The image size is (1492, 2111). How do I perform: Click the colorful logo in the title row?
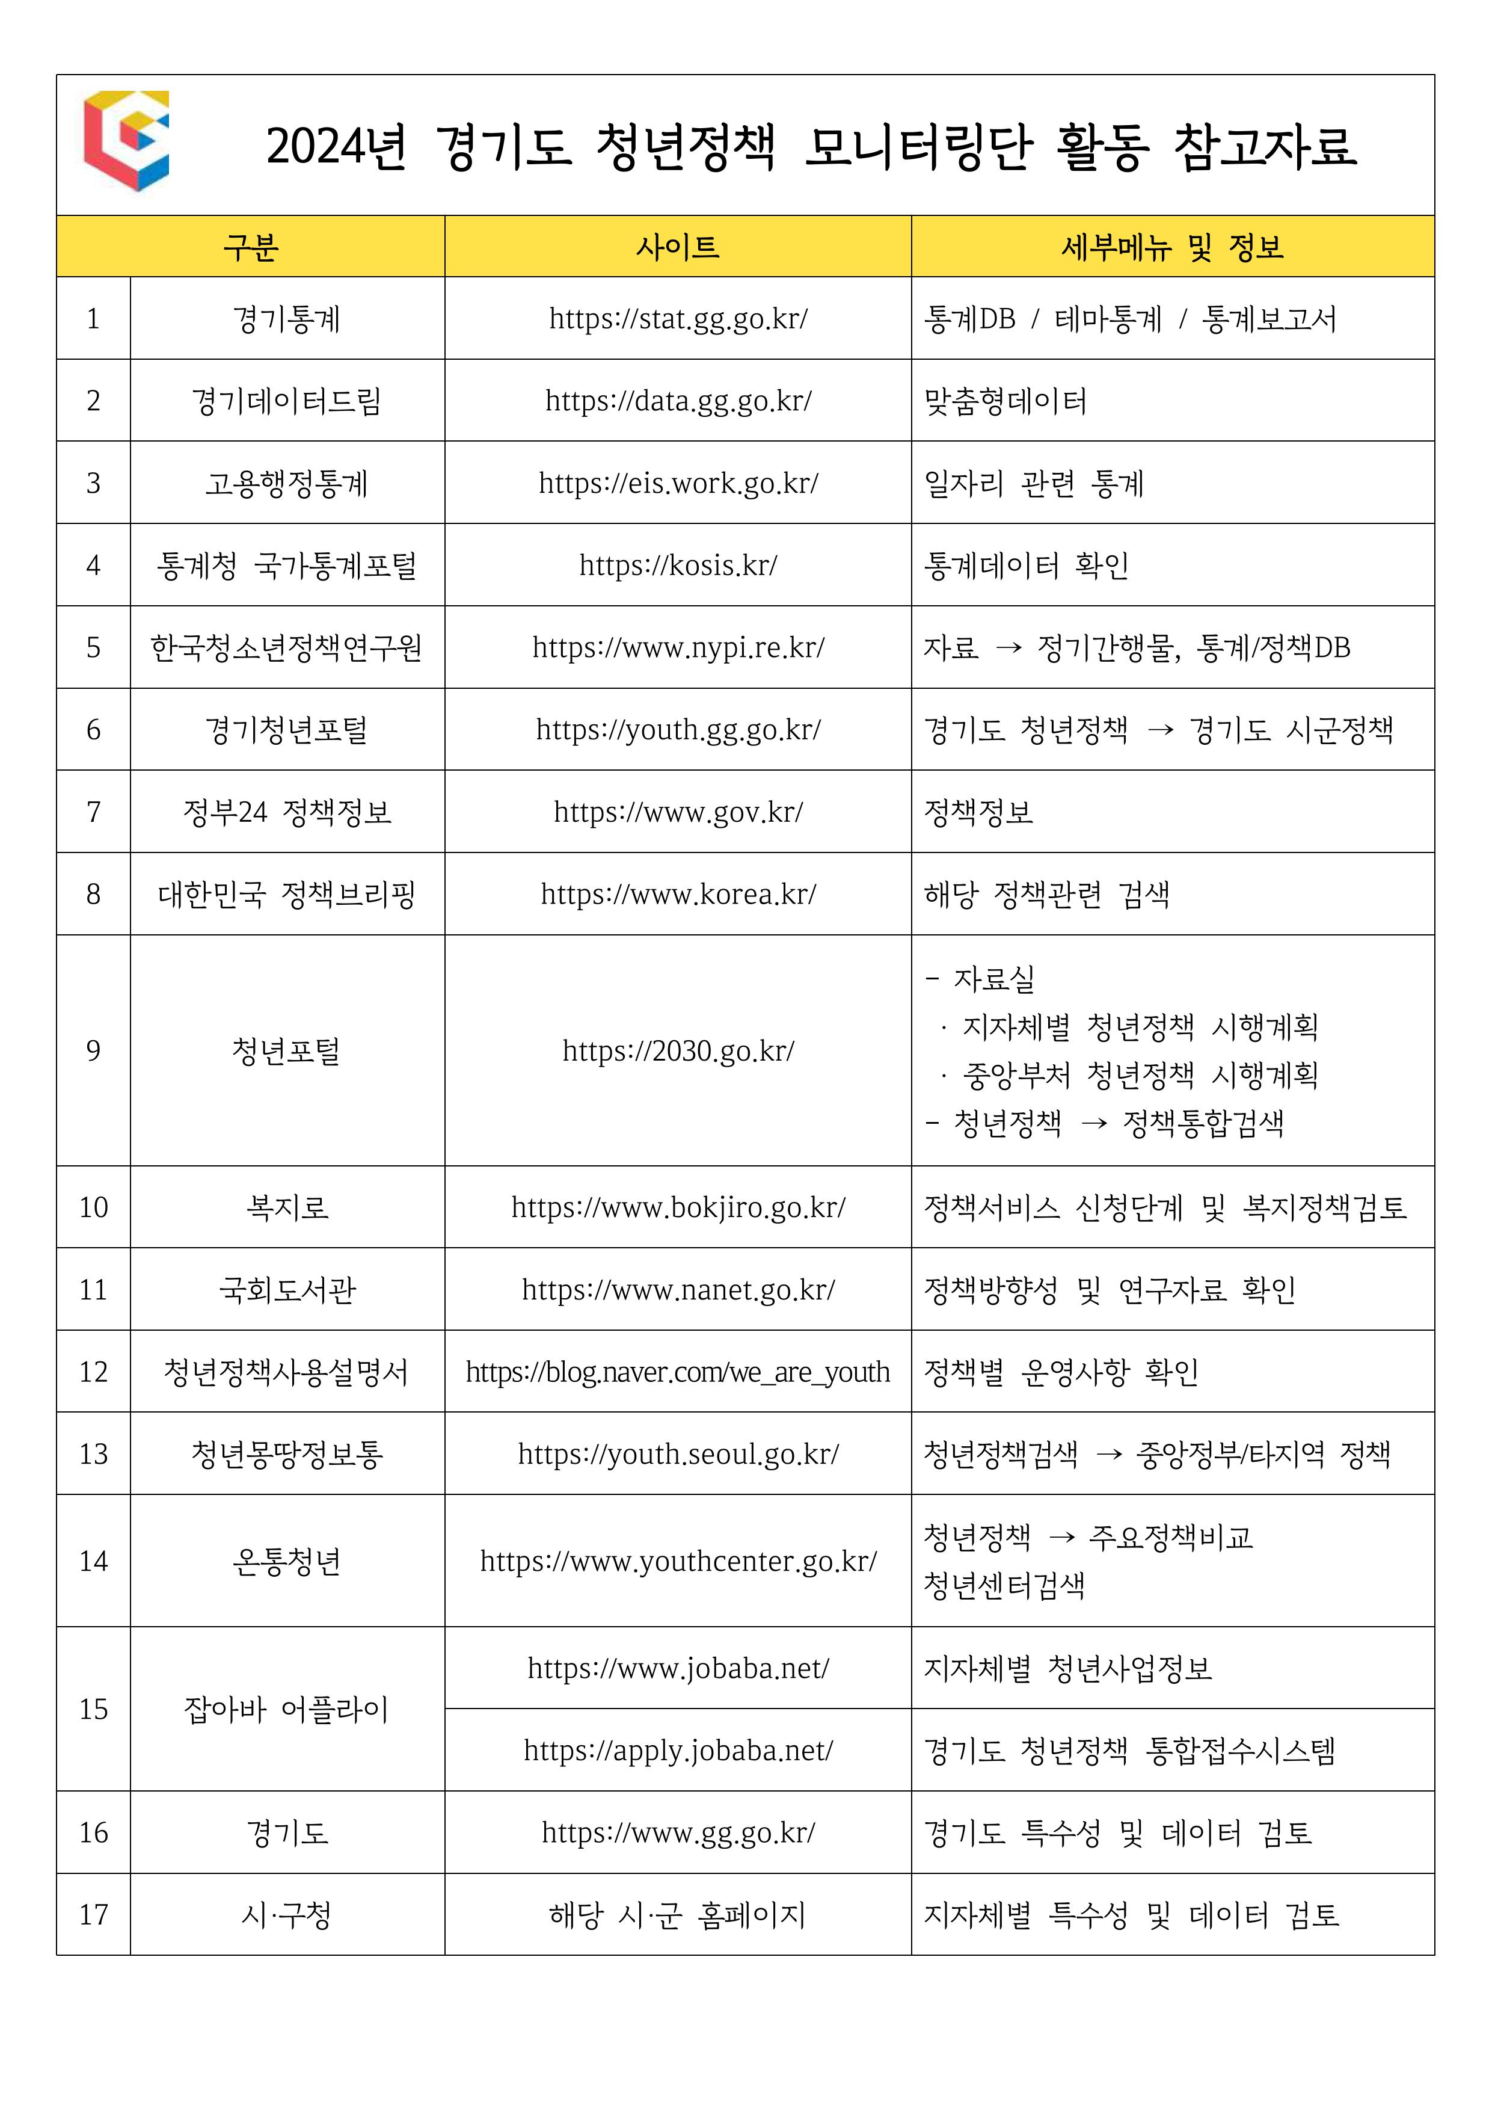point(126,141)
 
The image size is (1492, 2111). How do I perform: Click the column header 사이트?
point(678,247)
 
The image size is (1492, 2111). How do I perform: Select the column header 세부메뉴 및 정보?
point(1172,247)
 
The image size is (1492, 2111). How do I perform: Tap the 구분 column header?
point(250,247)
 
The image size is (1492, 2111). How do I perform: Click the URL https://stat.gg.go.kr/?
point(678,319)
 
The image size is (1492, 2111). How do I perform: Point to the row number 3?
point(93,482)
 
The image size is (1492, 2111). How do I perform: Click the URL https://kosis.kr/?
point(678,564)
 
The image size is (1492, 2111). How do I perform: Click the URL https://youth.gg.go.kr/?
point(678,729)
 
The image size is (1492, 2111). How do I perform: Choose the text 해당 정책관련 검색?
point(1046,894)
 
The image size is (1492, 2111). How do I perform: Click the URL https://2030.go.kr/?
point(678,1050)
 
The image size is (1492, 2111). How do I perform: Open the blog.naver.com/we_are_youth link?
point(678,1371)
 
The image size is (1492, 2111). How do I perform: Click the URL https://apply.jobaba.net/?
point(678,1749)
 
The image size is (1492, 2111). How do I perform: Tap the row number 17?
point(93,1914)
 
